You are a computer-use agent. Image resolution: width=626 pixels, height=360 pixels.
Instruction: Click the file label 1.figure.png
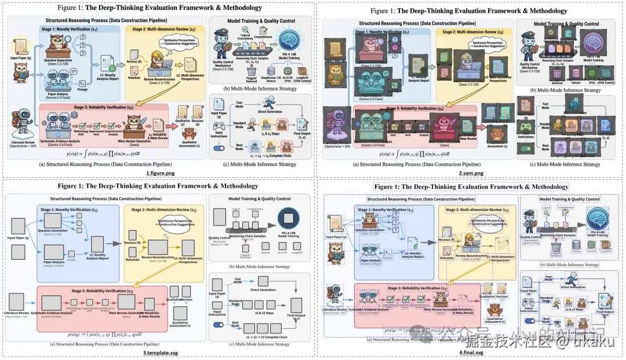[x=157, y=173]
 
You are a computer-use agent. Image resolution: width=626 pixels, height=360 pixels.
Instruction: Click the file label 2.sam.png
[x=468, y=173]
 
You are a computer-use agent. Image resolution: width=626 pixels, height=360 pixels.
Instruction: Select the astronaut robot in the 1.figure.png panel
[x=20, y=125]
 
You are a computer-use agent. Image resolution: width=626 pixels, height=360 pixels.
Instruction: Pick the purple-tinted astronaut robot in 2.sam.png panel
[x=334, y=129]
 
